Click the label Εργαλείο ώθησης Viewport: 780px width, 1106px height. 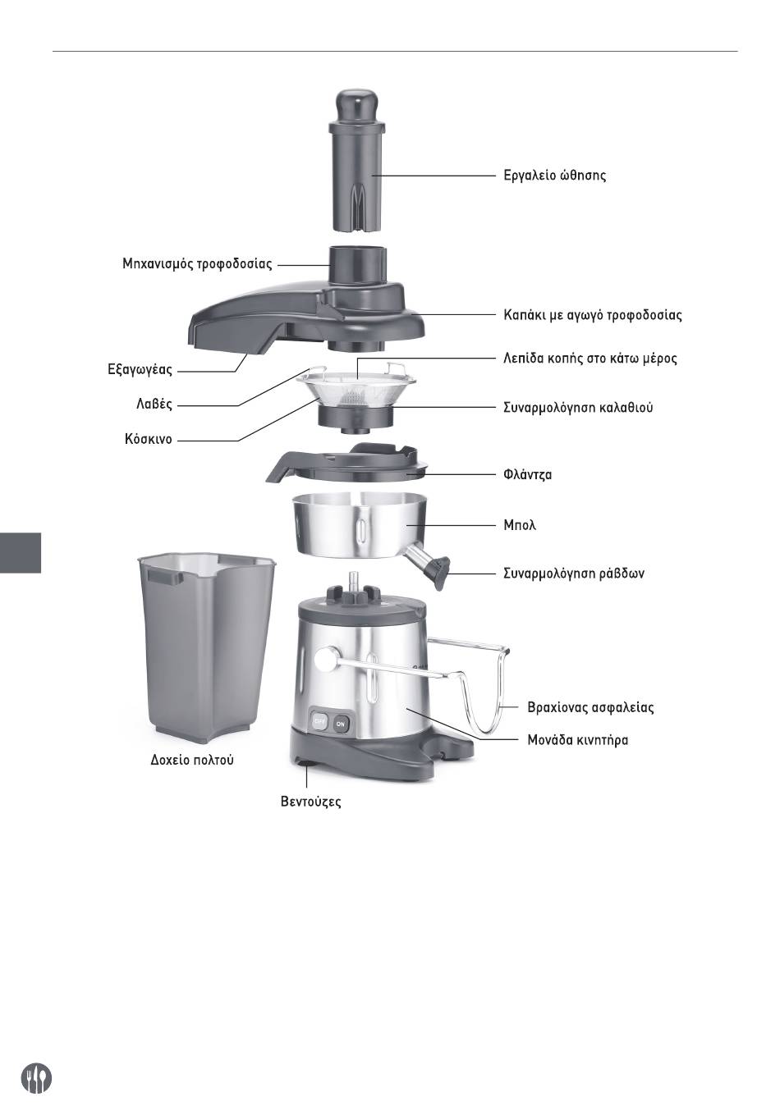pos(554,176)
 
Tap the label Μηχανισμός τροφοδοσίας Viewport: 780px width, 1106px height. pos(197,263)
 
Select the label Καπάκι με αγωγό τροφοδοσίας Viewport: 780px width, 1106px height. pos(592,315)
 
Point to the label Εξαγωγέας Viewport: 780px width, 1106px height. pos(140,370)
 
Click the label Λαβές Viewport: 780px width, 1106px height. pos(154,404)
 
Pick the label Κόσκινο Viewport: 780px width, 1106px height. pos(148,439)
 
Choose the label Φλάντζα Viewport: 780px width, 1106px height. pos(527,475)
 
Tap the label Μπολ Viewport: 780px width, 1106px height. pos(519,525)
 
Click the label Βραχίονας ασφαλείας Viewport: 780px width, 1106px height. pos(590,707)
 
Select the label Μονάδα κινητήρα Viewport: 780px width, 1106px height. pos(577,740)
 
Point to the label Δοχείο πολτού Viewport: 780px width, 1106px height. pos(191,760)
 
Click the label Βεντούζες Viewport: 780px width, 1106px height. pos(310,802)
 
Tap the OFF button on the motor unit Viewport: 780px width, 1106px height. pos(319,722)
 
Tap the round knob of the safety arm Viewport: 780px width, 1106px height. pos(325,660)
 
